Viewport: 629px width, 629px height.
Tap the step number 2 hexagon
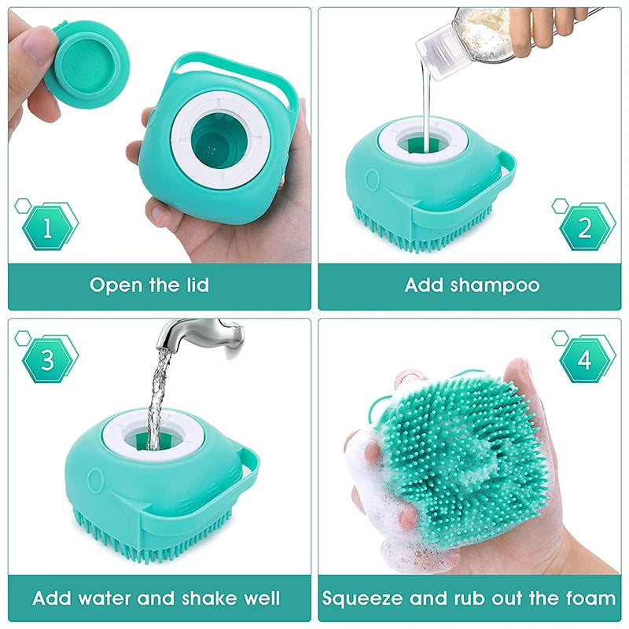point(584,228)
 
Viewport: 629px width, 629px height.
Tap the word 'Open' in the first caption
point(118,285)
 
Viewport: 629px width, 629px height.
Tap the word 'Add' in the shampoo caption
point(425,285)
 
